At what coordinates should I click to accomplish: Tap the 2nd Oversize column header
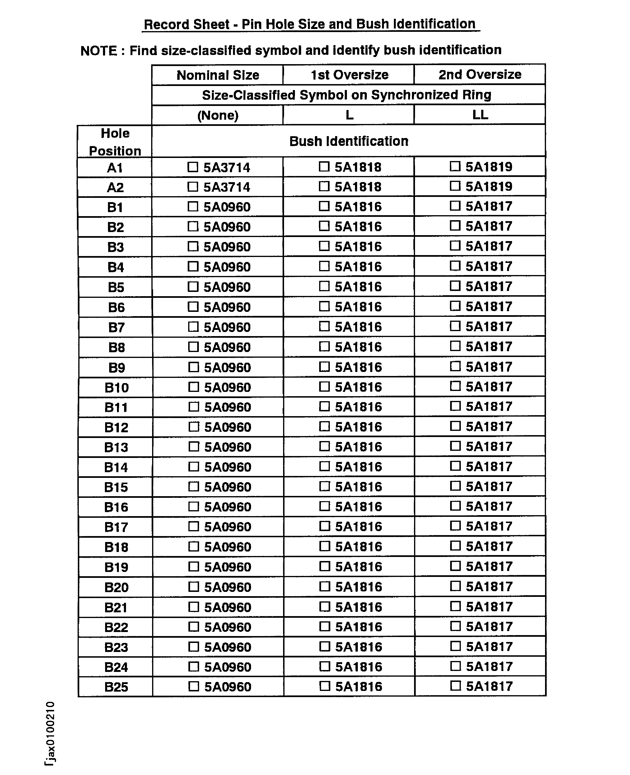[x=480, y=74]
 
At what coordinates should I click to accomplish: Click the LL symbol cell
[x=480, y=115]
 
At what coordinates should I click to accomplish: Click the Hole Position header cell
[x=115, y=142]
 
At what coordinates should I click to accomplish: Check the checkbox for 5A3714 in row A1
[x=193, y=167]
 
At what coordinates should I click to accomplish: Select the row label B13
[x=116, y=447]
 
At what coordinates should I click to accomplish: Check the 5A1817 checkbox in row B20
[x=455, y=586]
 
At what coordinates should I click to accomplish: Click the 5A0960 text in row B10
[x=228, y=388]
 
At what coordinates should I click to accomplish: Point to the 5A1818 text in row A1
[x=358, y=167]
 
